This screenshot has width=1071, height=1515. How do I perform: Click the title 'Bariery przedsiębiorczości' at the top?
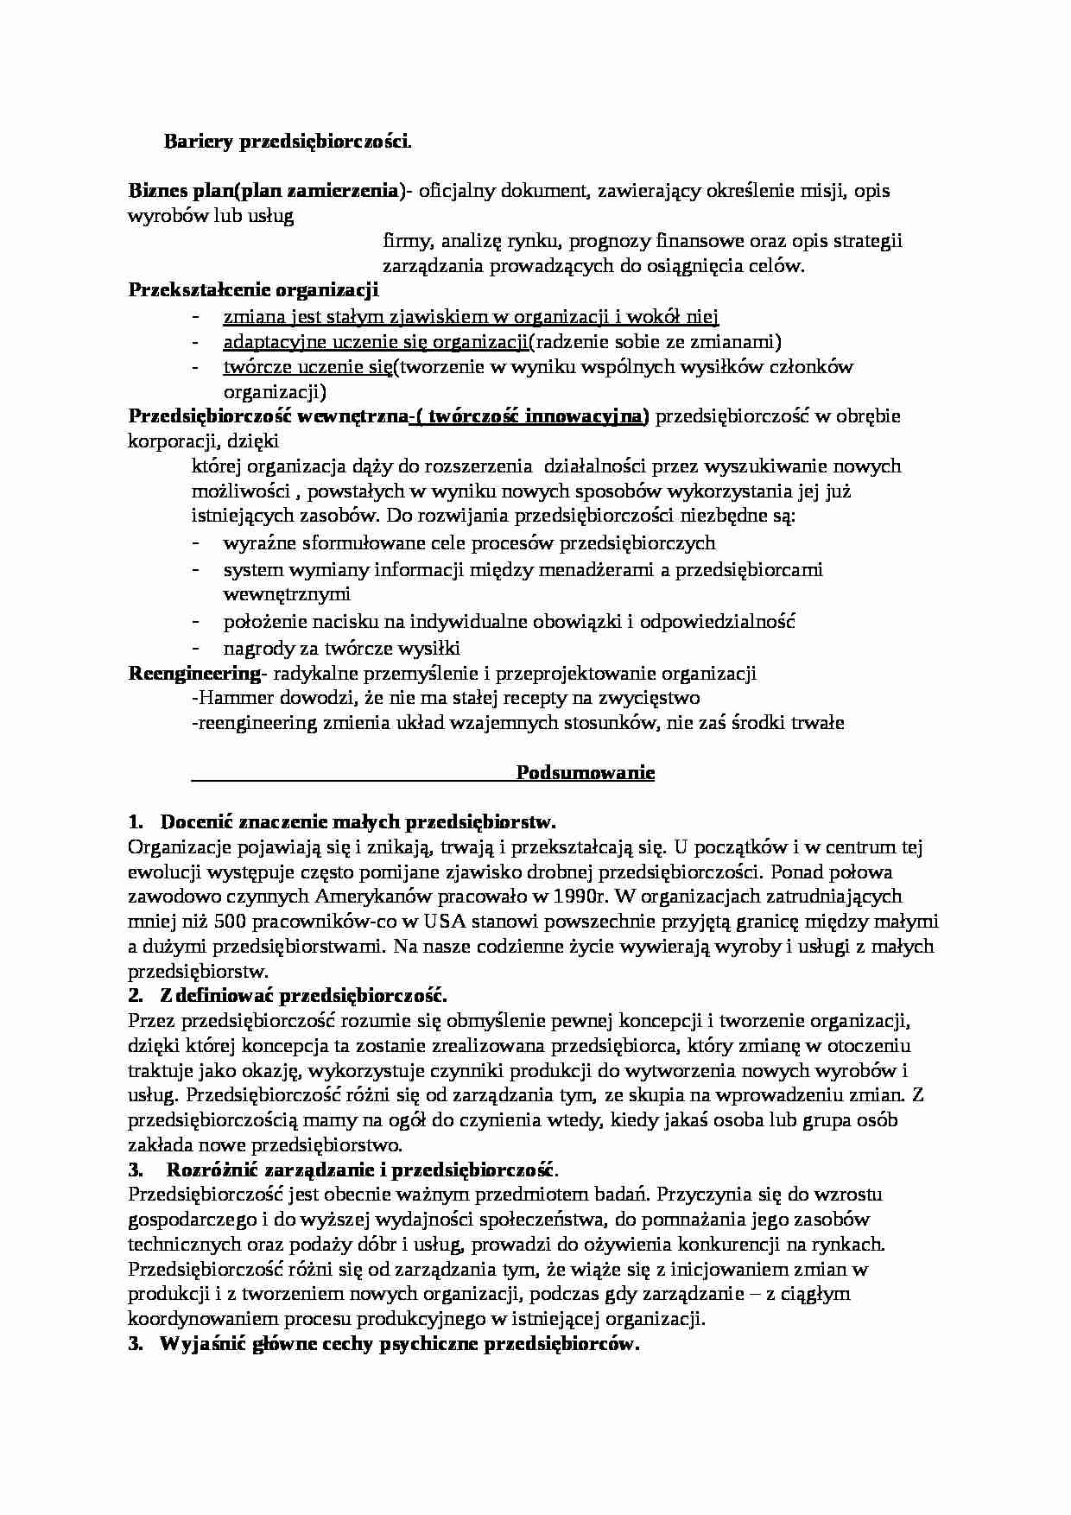click(x=287, y=142)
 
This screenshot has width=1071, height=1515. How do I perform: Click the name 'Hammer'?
click(x=227, y=697)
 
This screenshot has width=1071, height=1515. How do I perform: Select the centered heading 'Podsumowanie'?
click(x=585, y=772)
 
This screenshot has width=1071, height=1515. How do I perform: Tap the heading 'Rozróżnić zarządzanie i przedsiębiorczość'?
click(x=361, y=1170)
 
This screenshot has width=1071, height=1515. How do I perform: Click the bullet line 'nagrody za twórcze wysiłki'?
click(x=341, y=648)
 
